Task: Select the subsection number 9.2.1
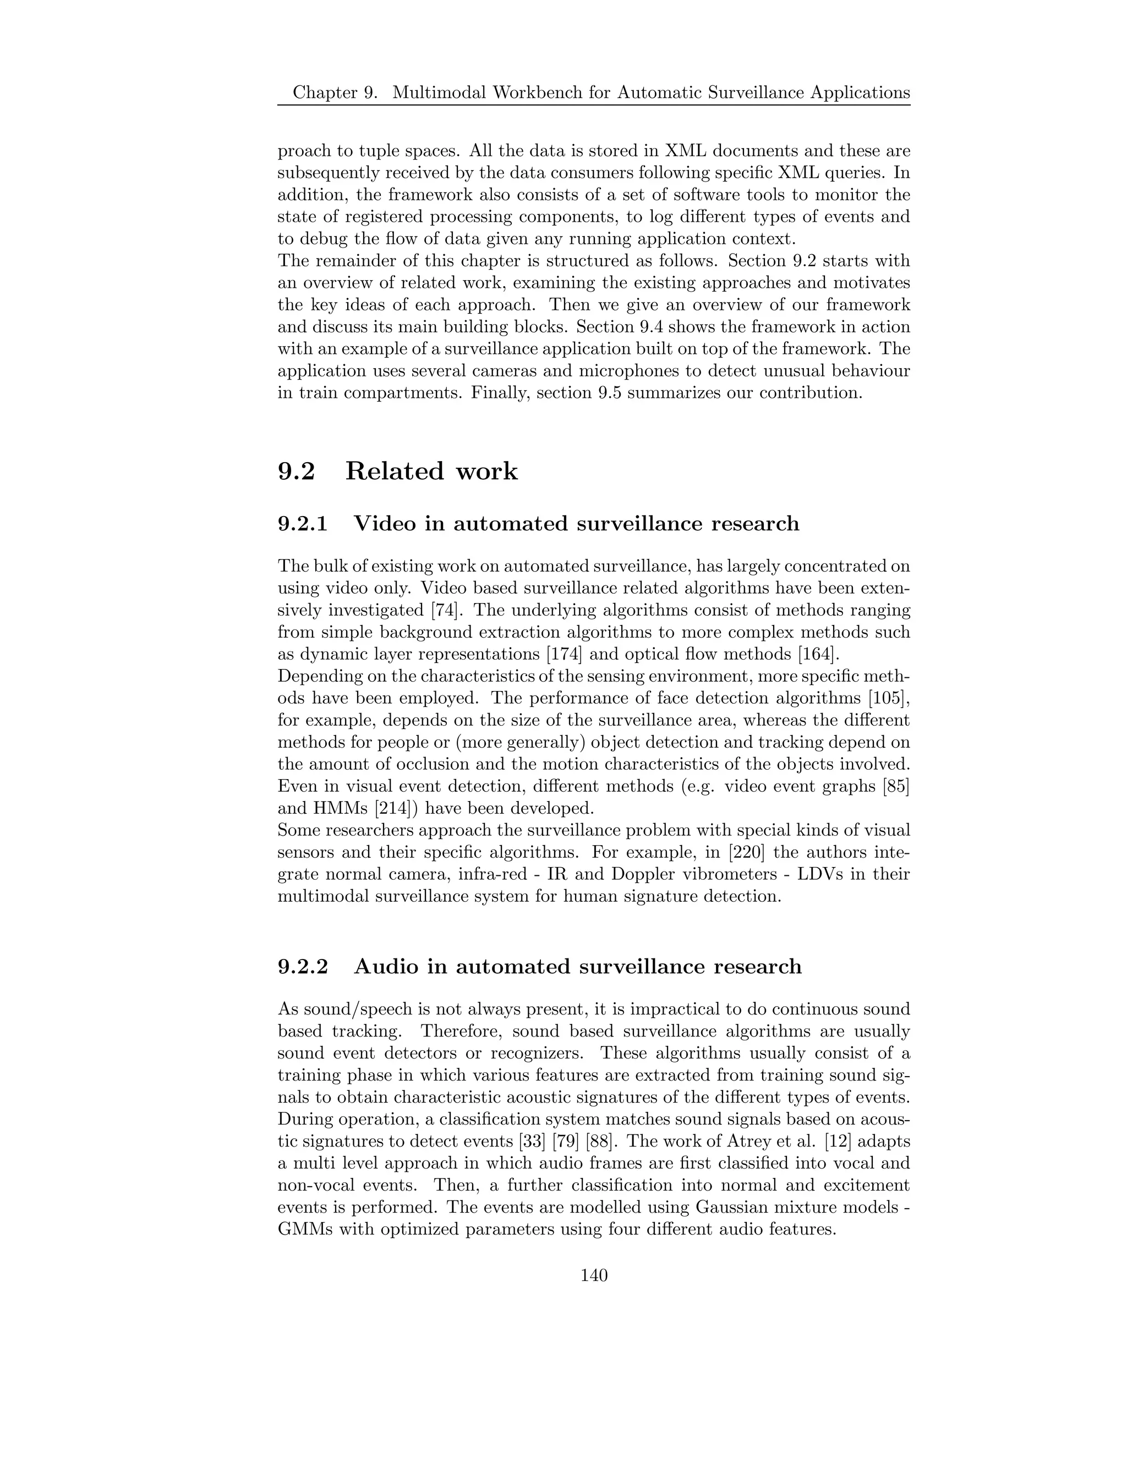(x=303, y=523)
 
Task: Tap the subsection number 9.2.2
(x=303, y=967)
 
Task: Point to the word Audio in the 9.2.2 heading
(x=385, y=967)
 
